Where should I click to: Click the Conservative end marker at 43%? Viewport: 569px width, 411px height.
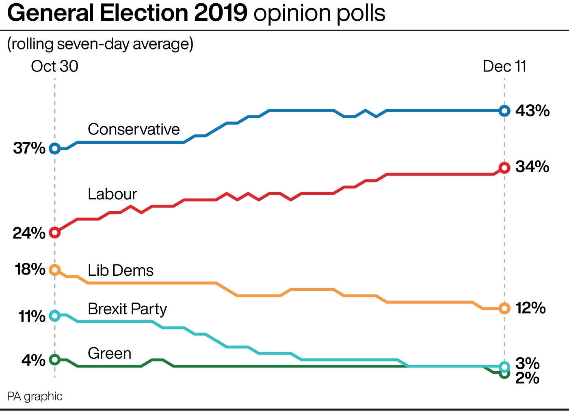coord(504,110)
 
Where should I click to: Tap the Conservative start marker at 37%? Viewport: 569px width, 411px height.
coord(55,149)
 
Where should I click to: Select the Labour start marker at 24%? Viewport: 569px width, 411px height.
coord(55,233)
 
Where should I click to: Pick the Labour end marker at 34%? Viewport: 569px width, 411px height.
coord(504,168)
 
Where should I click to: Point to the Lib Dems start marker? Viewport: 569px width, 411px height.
coord(55,270)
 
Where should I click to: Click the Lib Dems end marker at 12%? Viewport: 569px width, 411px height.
coord(504,309)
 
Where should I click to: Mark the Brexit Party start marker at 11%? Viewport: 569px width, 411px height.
coord(55,316)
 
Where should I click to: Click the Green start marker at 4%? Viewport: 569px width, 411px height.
coord(55,359)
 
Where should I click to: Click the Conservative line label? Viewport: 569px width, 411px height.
coord(134,129)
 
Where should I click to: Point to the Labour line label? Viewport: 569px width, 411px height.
coord(113,194)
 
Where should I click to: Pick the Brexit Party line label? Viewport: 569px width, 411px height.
coord(127,309)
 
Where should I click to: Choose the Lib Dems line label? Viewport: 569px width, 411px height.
coord(121,270)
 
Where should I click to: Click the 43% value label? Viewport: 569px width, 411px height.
coord(532,111)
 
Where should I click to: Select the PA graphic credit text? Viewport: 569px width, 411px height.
coord(35,396)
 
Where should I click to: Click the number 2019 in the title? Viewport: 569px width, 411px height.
coord(221,13)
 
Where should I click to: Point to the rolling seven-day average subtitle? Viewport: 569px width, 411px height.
coord(100,44)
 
